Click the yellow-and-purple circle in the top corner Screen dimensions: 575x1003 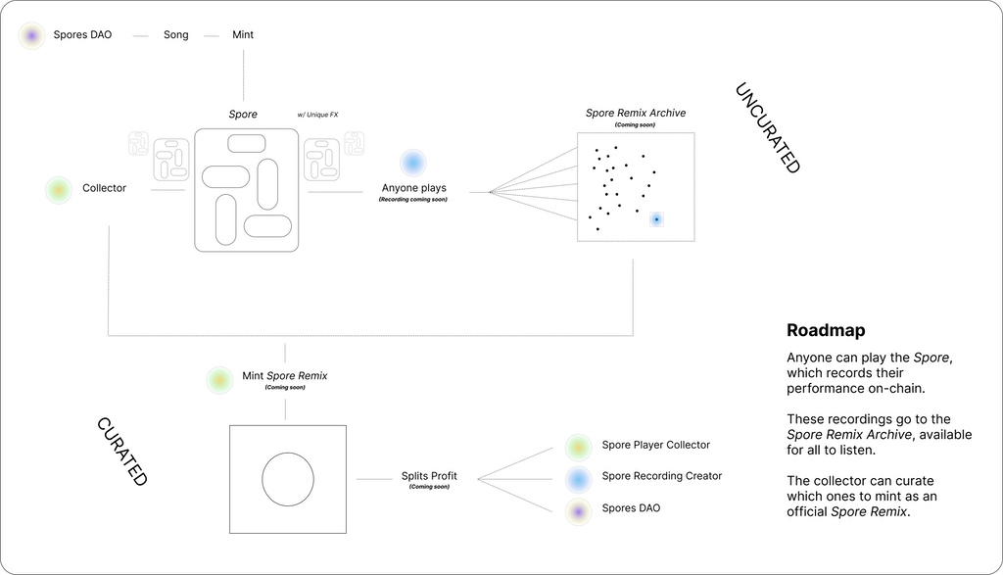32,36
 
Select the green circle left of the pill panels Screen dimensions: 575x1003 59,190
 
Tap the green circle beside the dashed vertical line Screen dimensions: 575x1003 219,380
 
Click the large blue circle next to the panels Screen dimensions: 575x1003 413,163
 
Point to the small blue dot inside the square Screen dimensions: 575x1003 656,219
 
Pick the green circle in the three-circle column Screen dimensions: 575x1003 578,448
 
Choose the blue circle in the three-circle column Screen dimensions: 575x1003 578,480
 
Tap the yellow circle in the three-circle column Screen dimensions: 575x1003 578,512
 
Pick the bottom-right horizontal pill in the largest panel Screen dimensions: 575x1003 267,227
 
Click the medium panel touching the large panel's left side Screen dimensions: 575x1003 170,160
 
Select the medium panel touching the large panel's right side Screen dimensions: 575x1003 321,160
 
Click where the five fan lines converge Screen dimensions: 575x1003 488,192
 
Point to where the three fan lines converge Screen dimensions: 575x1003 478,479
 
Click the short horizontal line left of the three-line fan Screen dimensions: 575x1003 374,479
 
